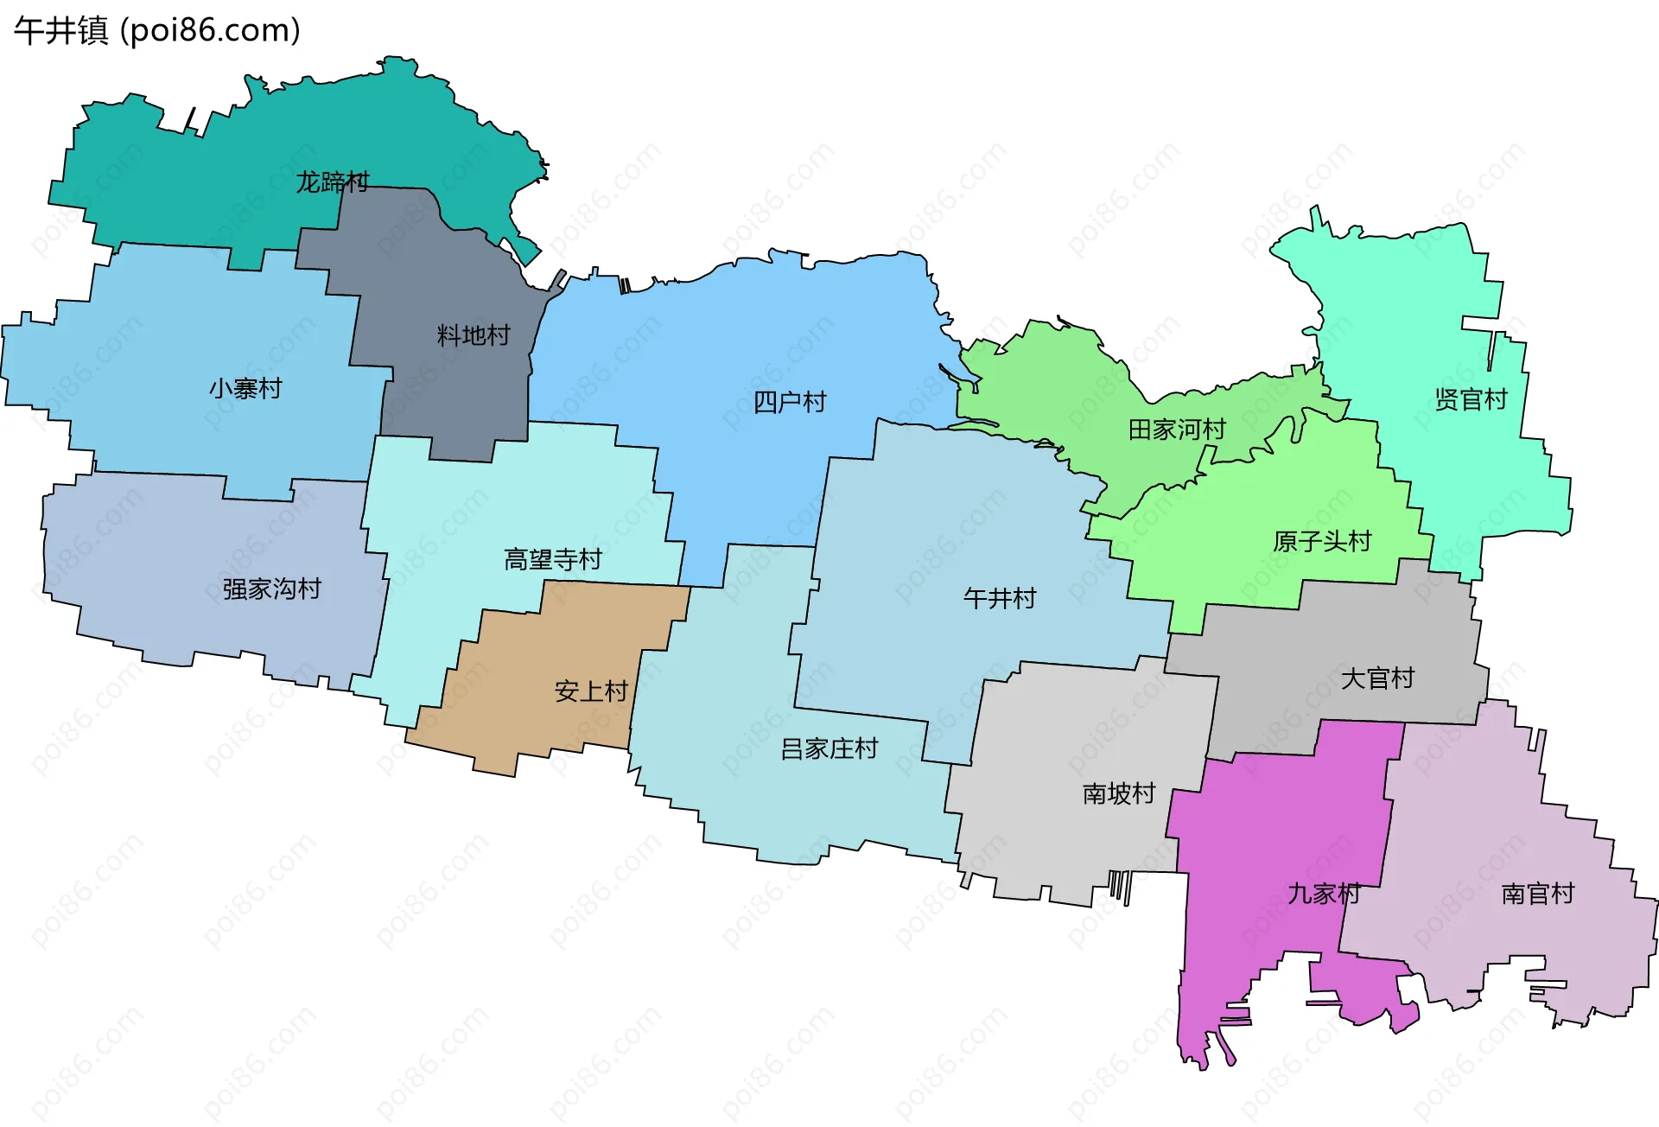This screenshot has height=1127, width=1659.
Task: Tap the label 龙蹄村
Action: (x=333, y=182)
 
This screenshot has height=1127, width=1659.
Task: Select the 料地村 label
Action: (x=474, y=335)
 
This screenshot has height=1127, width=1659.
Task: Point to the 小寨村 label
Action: (x=245, y=389)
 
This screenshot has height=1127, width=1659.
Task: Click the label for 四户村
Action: (x=790, y=402)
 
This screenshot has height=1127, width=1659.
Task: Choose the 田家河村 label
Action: (x=1177, y=430)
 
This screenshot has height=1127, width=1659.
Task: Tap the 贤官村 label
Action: (x=1471, y=399)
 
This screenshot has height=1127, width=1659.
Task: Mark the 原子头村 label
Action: (x=1322, y=542)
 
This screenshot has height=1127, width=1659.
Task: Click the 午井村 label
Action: (x=1000, y=598)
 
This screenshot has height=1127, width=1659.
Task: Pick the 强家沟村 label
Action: (x=272, y=589)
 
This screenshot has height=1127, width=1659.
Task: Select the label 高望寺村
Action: (x=553, y=560)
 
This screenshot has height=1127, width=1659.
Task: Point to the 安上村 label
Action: (x=591, y=691)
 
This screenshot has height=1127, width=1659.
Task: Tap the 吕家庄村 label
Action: (x=829, y=748)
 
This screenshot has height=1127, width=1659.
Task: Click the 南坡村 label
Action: (x=1119, y=793)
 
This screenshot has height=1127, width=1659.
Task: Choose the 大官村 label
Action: (x=1377, y=678)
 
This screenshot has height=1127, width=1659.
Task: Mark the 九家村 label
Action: (x=1324, y=894)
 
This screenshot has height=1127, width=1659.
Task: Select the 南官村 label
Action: (x=1538, y=894)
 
